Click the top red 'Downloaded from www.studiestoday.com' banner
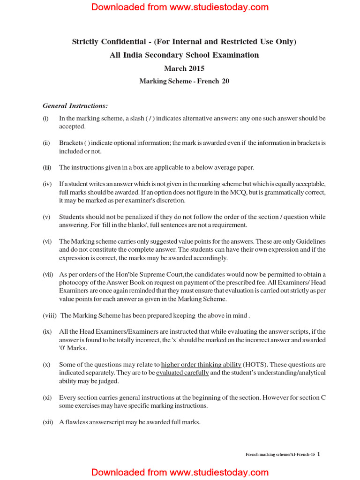(x=180, y=7)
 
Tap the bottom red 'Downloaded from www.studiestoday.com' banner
(x=180, y=472)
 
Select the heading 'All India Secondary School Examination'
(x=184, y=55)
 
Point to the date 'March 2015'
(x=184, y=68)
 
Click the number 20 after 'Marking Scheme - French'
(x=225, y=81)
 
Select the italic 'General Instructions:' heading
(x=75, y=105)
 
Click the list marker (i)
(x=46, y=119)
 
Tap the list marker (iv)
(x=47, y=184)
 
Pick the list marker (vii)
(x=48, y=274)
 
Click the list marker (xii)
(x=48, y=422)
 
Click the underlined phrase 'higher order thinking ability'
(x=201, y=365)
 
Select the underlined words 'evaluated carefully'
(x=182, y=373)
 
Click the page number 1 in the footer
(x=319, y=454)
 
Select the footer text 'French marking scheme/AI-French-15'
(x=280, y=455)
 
